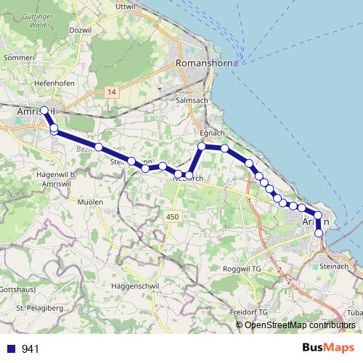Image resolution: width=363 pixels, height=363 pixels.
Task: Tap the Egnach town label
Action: [x=212, y=134]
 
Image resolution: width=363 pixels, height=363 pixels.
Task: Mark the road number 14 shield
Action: [x=110, y=92]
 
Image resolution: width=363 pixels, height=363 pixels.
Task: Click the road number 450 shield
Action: [x=172, y=216]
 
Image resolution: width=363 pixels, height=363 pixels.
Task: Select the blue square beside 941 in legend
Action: [x=12, y=348]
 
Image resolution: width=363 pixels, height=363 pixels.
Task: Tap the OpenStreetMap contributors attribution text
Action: [x=300, y=325]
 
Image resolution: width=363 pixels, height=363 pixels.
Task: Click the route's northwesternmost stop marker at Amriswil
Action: [x=44, y=110]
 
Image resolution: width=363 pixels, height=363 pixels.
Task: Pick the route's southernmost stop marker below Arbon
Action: [x=318, y=233]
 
